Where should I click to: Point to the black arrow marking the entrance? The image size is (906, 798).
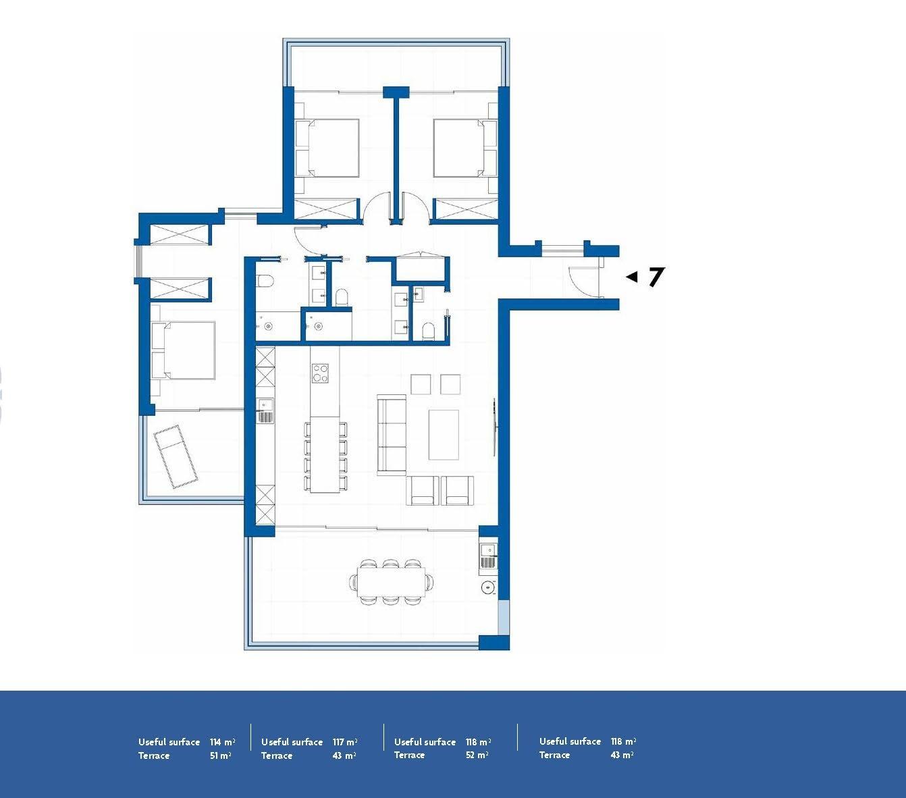pyautogui.click(x=631, y=277)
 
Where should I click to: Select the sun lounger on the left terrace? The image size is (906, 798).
pyautogui.click(x=176, y=456)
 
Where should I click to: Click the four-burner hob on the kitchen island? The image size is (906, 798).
pyautogui.click(x=320, y=373)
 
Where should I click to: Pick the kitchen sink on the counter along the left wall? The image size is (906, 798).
pyautogui.click(x=265, y=410)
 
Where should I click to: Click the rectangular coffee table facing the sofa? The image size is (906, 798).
pyautogui.click(x=444, y=434)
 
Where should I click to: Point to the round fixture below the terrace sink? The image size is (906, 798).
pyautogui.click(x=487, y=587)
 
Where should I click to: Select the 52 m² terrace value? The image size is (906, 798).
pyautogui.click(x=477, y=755)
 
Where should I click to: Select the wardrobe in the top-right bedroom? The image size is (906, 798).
pyautogui.click(x=466, y=209)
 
